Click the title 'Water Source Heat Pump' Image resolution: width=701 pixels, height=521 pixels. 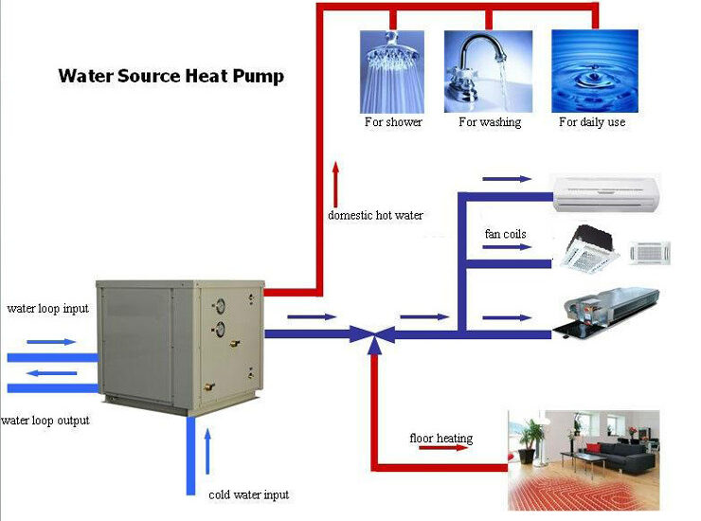pyautogui.click(x=171, y=76)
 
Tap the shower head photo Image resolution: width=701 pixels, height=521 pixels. pyautogui.click(x=393, y=72)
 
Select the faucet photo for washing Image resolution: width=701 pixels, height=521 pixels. pyautogui.click(x=488, y=72)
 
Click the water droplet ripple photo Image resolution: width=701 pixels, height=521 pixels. pyautogui.click(x=594, y=72)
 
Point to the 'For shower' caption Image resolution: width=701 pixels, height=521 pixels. pyautogui.click(x=393, y=122)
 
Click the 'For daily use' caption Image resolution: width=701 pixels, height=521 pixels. pyautogui.click(x=592, y=122)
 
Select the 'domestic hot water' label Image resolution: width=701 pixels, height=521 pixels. pyautogui.click(x=375, y=215)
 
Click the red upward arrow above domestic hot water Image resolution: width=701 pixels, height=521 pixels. pyautogui.click(x=334, y=181)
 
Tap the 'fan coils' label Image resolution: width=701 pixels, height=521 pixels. pyautogui.click(x=505, y=234)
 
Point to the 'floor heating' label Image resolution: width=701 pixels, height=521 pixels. pyautogui.click(x=440, y=439)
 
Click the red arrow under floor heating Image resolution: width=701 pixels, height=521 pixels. pyautogui.click(x=442, y=450)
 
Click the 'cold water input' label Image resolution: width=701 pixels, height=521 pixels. pyautogui.click(x=248, y=494)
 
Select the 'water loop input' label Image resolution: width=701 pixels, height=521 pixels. pyautogui.click(x=47, y=309)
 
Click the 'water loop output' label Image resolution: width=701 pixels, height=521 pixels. pyautogui.click(x=45, y=420)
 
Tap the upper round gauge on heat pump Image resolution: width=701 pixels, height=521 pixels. pyautogui.click(x=220, y=306)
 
